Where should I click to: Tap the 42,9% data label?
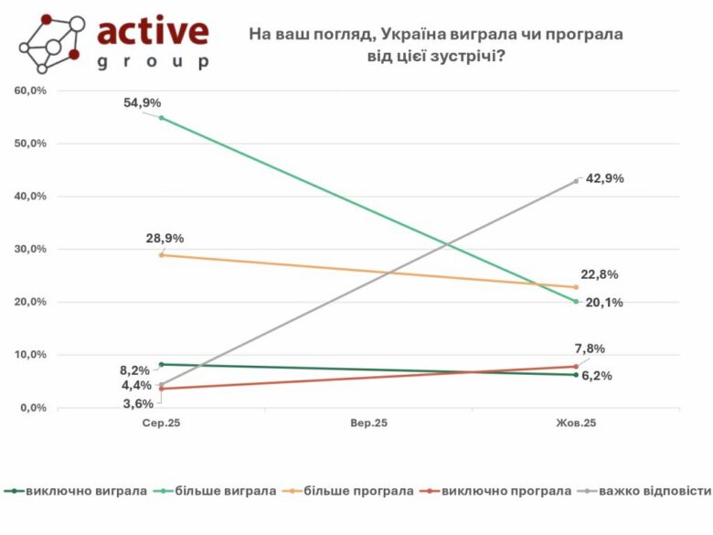click(x=603, y=179)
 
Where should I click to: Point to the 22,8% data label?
click(x=600, y=275)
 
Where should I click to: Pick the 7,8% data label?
click(x=589, y=348)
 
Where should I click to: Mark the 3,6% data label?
click(x=138, y=403)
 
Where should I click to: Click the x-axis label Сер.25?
click(x=162, y=423)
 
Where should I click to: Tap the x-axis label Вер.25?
click(x=368, y=423)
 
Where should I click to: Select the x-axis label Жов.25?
click(x=577, y=423)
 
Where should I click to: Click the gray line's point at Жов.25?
click(x=577, y=181)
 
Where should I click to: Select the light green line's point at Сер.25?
click(x=162, y=118)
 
